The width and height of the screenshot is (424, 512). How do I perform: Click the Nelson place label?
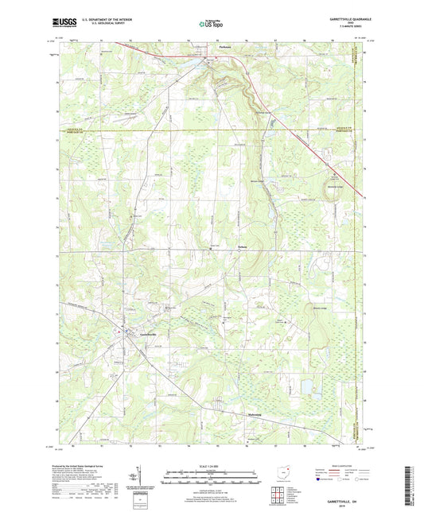click(220, 247)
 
